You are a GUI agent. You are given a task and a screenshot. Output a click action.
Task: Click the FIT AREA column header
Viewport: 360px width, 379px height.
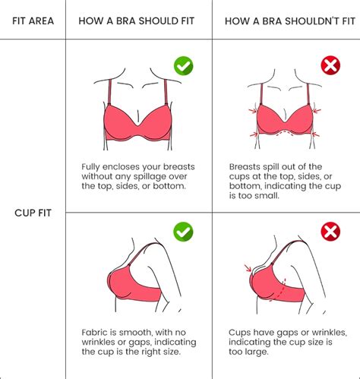point(33,21)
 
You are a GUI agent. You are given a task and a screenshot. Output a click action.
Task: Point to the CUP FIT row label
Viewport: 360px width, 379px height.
point(33,213)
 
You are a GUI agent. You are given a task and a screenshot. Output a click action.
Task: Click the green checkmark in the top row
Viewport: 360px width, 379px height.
point(183,66)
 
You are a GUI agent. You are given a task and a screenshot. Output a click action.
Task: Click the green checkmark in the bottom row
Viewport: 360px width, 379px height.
point(183,231)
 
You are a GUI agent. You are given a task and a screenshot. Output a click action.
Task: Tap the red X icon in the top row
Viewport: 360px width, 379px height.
point(330,66)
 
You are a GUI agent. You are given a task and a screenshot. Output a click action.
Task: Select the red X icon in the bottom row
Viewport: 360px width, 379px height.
point(330,231)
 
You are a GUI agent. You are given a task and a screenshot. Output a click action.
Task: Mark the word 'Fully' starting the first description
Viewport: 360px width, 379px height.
point(93,166)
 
